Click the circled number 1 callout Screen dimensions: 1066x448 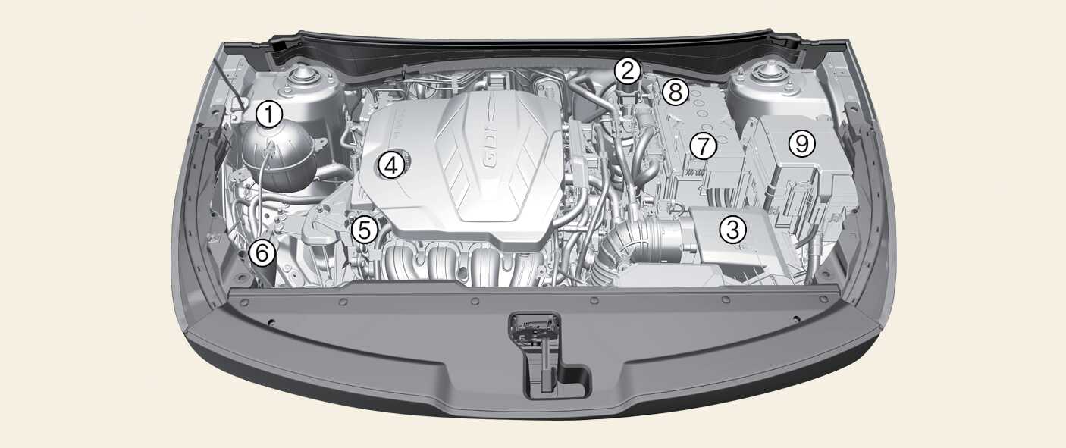click(x=269, y=114)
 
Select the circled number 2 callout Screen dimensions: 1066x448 click(x=628, y=71)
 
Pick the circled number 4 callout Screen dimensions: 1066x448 click(x=390, y=165)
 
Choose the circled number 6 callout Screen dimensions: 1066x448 click(x=262, y=252)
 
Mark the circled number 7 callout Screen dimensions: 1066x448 click(x=704, y=146)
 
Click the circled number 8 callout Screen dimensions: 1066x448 click(x=676, y=92)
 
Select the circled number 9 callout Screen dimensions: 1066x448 click(x=802, y=143)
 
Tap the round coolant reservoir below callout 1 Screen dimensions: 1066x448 click(x=277, y=158)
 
